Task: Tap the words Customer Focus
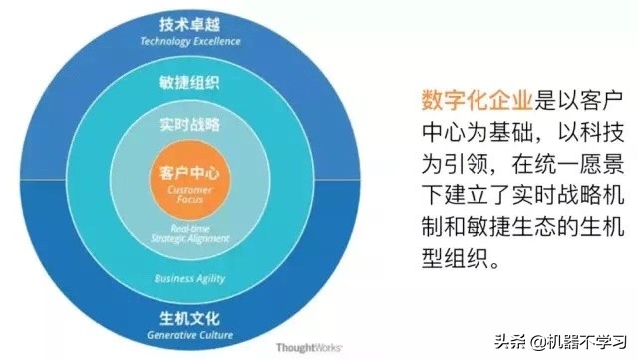coord(188,194)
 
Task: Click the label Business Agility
coord(188,278)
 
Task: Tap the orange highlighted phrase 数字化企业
coord(468,99)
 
